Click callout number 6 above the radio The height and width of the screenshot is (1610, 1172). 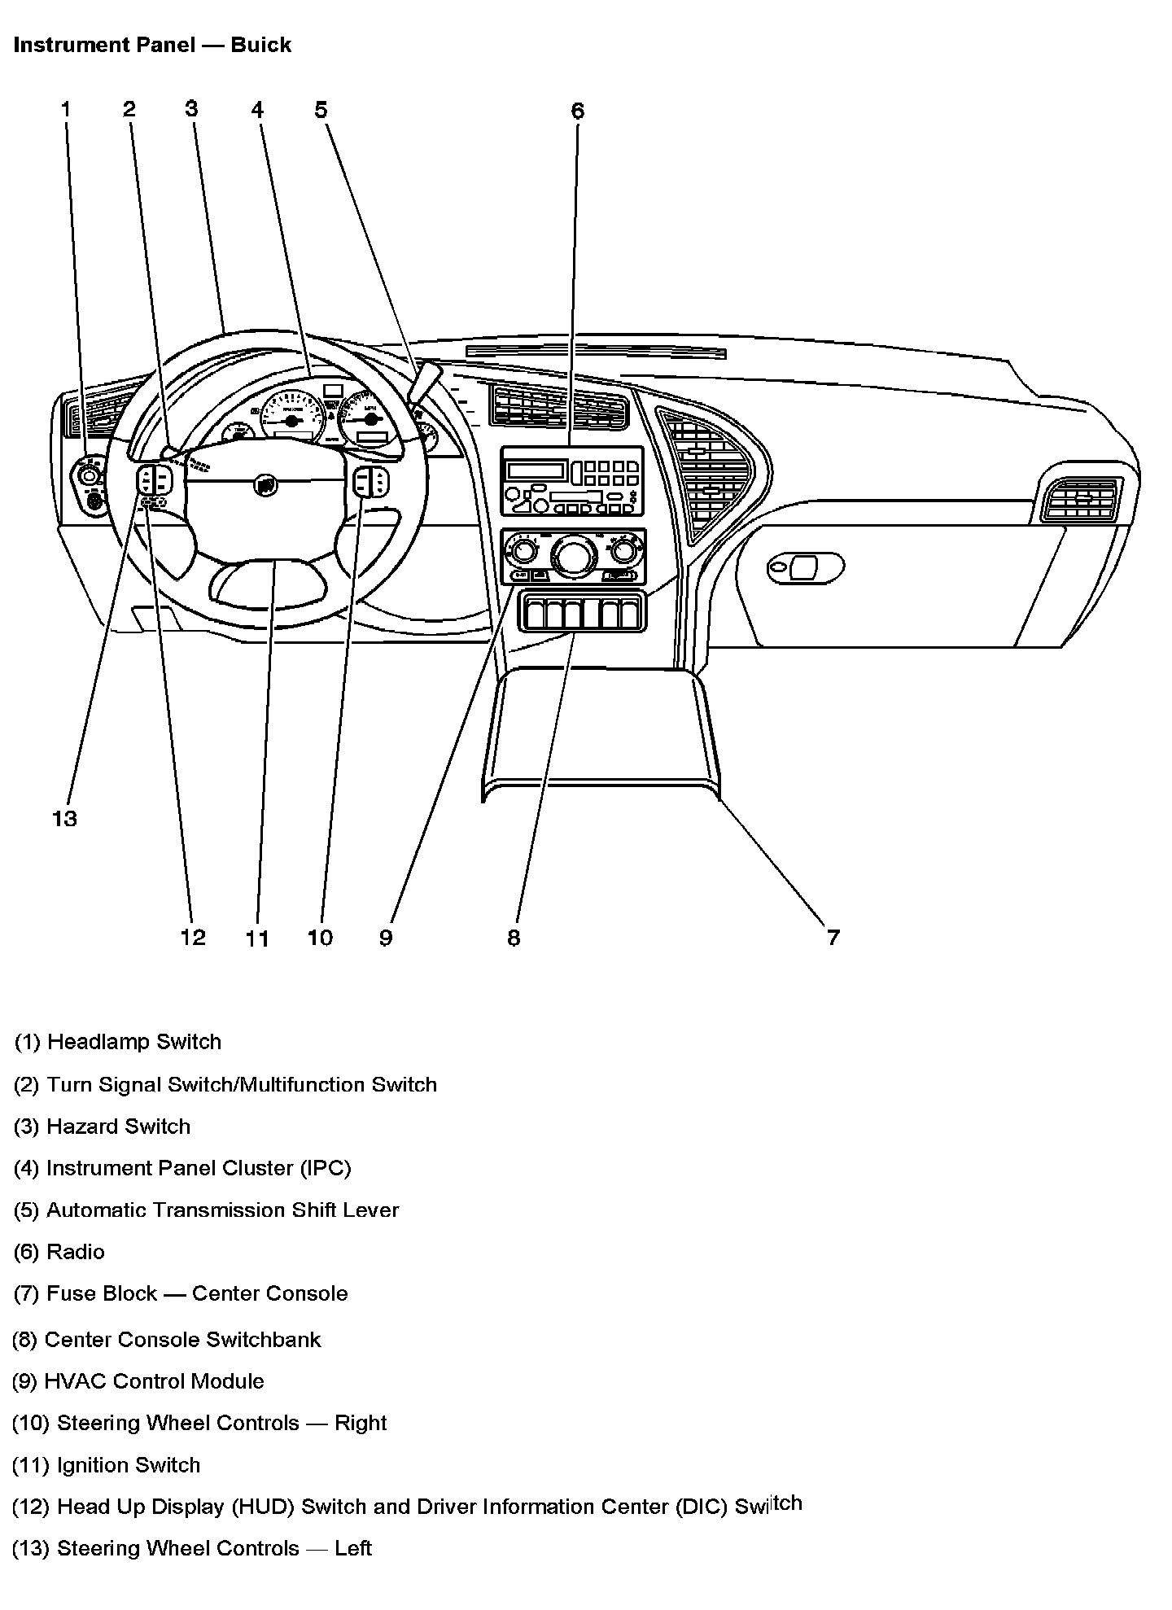pyautogui.click(x=577, y=111)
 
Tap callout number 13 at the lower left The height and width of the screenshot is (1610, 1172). pyautogui.click(x=64, y=818)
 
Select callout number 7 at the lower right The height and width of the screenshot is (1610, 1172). pyautogui.click(x=833, y=938)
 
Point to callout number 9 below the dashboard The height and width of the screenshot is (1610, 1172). pyautogui.click(x=386, y=938)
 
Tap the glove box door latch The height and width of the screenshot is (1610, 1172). pyautogui.click(x=805, y=567)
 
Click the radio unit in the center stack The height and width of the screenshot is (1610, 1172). pyautogui.click(x=571, y=481)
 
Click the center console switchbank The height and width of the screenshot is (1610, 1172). pyautogui.click(x=582, y=612)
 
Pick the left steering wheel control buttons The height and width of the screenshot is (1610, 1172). pyautogui.click(x=154, y=480)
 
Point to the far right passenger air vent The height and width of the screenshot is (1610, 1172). pyautogui.click(x=1080, y=499)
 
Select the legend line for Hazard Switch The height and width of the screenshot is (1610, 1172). pyautogui.click(x=103, y=1127)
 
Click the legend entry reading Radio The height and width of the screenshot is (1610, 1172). pyautogui.click(x=59, y=1252)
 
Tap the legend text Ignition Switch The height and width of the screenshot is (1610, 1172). pyautogui.click(x=106, y=1465)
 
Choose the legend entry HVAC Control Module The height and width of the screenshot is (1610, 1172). pyautogui.click(x=138, y=1381)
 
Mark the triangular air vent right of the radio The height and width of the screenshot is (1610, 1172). pyautogui.click(x=706, y=472)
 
